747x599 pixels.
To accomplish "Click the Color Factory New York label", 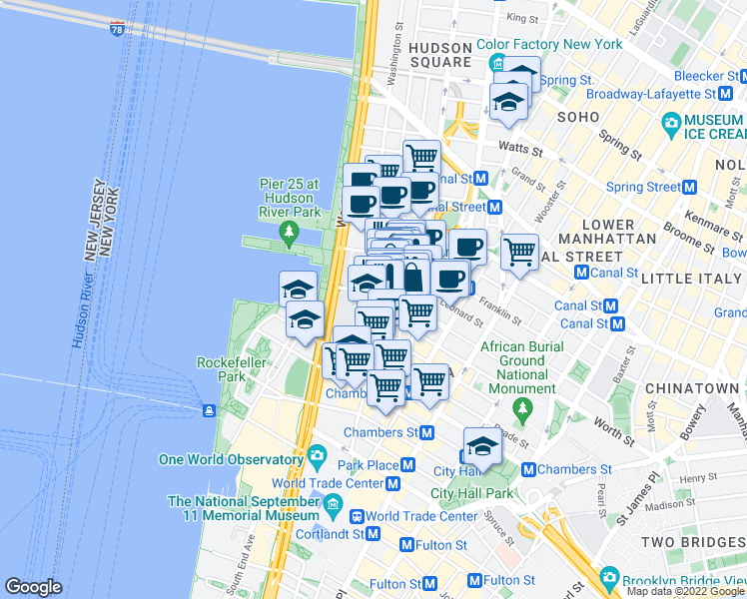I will click(549, 44).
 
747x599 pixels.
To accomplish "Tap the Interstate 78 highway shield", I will click(118, 29).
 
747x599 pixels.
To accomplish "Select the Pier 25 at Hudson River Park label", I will click(285, 198).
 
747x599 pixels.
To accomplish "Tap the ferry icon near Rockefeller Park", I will click(209, 410).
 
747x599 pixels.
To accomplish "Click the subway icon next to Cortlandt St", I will click(373, 534).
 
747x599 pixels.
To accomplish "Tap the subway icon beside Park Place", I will click(407, 465).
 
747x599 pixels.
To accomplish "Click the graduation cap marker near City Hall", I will click(482, 445).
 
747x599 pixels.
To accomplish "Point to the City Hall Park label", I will click(470, 493).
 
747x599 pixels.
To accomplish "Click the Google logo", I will click(33, 586).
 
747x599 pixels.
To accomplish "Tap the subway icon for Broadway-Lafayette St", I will click(726, 93).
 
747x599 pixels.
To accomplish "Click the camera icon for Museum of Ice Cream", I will click(672, 124).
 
